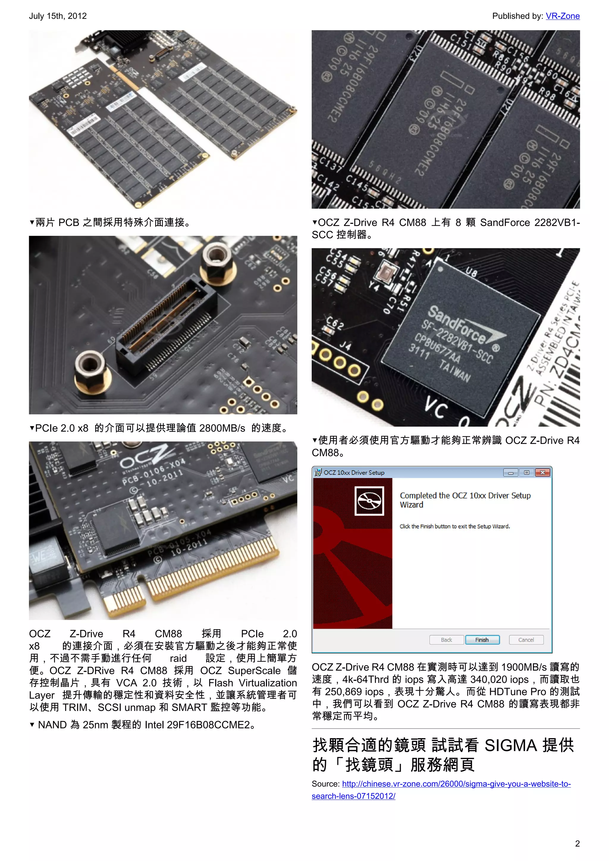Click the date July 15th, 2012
[x=58, y=16]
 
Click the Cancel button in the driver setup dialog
[x=526, y=640]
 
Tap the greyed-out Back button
[x=446, y=640]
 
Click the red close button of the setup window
[x=542, y=472]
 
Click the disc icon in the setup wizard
[x=369, y=501]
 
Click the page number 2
[x=577, y=843]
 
